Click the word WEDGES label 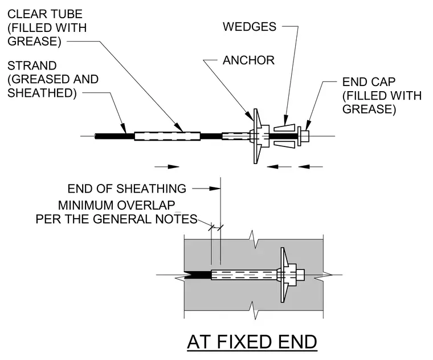250,27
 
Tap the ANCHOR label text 248,60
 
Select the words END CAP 369,82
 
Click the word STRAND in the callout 32,66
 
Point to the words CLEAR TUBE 45,14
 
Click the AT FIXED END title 252,342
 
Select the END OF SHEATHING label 126,189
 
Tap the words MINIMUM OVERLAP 117,206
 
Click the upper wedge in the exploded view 285,128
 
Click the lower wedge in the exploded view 285,144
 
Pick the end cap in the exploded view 303,136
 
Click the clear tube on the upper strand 168,136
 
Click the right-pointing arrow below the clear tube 167,166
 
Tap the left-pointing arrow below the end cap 311,166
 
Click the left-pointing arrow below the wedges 279,166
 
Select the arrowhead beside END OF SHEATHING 215,189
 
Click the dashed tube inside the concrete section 244,275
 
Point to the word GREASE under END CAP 369,109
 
